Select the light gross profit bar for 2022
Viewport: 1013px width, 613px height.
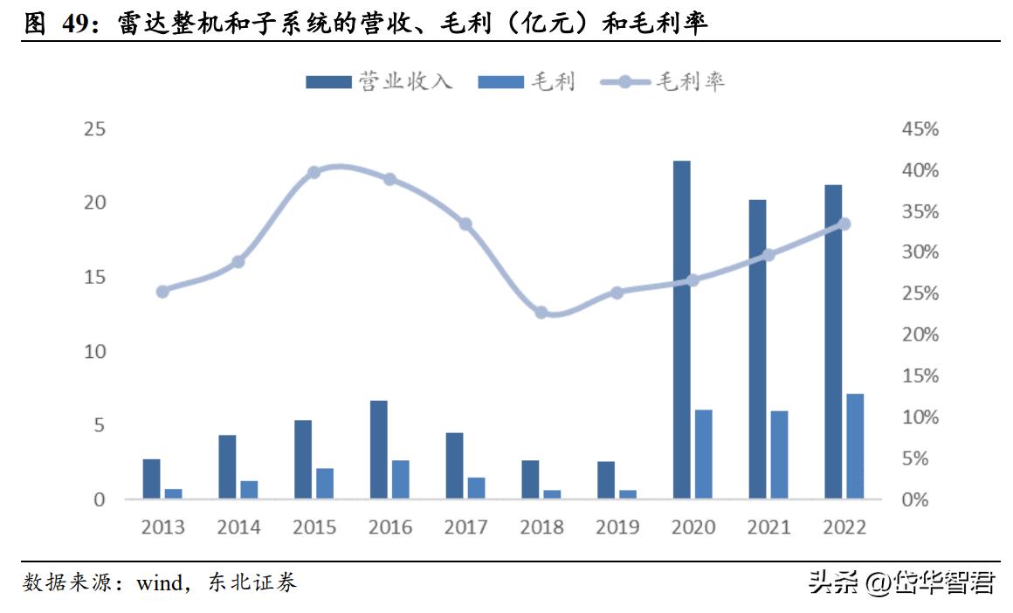pos(855,446)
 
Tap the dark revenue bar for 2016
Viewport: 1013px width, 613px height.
pos(378,450)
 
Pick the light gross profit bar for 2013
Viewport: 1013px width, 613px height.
pos(173,494)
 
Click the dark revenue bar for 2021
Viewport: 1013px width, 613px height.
pos(757,349)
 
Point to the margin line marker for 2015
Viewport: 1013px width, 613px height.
pos(314,172)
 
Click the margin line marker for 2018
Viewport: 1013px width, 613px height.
pos(541,313)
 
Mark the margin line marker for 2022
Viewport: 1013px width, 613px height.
pos(844,224)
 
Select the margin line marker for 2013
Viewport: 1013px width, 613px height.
pos(162,292)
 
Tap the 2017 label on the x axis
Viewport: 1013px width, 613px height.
pos(465,527)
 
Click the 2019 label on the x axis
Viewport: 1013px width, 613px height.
pos(617,527)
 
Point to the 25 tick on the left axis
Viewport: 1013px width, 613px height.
pos(93,129)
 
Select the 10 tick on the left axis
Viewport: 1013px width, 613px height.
pos(93,351)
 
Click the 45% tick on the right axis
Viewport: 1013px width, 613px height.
pos(919,129)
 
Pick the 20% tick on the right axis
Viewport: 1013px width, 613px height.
pos(919,335)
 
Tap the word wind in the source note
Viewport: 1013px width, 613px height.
pos(158,582)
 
